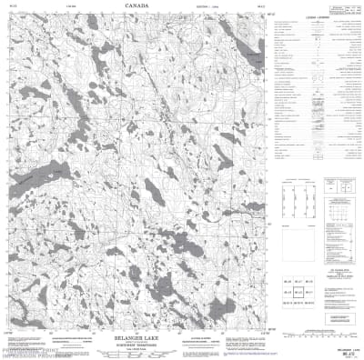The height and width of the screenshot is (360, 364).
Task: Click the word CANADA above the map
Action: (135, 6)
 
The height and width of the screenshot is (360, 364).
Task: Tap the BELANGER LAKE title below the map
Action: (136, 336)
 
